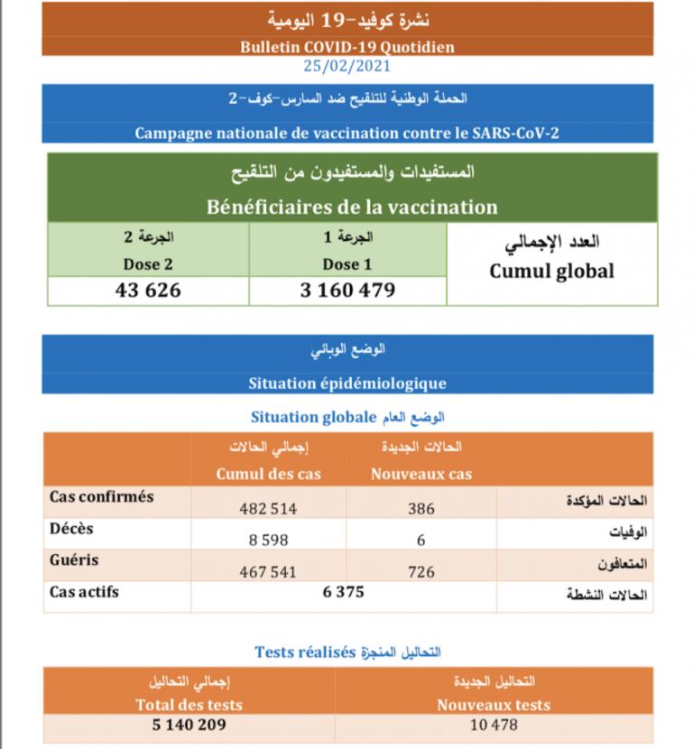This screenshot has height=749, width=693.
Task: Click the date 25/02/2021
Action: coord(347,65)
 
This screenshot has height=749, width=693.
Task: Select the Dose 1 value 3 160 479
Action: coord(347,291)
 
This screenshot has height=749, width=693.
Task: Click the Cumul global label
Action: coord(552,271)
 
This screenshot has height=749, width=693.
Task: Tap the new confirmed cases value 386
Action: coord(420,508)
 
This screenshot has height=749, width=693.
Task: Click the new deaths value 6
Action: coord(420,540)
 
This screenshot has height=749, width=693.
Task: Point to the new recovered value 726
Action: coord(420,571)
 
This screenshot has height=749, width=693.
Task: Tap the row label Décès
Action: coord(71,529)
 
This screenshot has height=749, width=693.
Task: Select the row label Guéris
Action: coord(74,560)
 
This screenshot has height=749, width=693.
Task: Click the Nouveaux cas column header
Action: coord(420,474)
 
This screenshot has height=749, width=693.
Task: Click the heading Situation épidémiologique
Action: coord(347,383)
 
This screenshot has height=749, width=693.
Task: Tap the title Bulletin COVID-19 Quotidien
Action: coord(347,47)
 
